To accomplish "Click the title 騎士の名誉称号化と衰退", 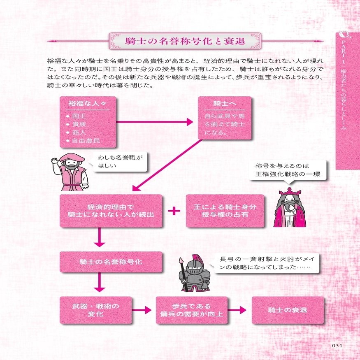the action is click(185, 41).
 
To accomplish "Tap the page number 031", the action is click(337, 346).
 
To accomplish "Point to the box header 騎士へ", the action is click(225, 104).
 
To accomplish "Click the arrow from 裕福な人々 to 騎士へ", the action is click(155, 122).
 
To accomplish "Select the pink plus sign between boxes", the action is click(174, 211).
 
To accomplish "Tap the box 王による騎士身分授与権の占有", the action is click(225, 211).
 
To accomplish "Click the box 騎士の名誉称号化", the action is click(111, 262).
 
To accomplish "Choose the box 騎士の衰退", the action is click(288, 310).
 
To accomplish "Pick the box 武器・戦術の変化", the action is click(96, 310).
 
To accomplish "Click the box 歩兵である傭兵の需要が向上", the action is click(192, 310).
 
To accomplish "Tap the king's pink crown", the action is click(290, 192).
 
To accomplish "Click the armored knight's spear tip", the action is click(181, 260).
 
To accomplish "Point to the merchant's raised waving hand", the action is click(55, 160).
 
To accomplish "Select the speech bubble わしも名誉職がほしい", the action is click(120, 162).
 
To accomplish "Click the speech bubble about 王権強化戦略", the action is click(288, 170).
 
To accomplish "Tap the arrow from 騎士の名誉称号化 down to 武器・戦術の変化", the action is click(100, 282).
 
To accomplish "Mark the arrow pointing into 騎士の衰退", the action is click(237, 310).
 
